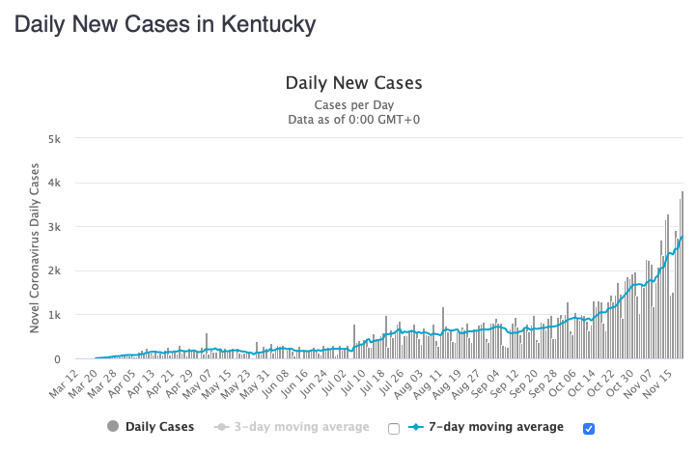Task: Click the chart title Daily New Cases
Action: [353, 83]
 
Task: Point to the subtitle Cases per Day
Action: [353, 104]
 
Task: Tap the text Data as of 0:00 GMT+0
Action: [353, 119]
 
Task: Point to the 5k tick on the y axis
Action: [55, 138]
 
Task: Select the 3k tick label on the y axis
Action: [55, 227]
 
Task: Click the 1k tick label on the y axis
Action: [55, 315]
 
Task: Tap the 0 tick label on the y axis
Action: [59, 359]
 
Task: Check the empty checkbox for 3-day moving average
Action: [393, 428]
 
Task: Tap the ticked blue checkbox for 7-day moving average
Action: [589, 428]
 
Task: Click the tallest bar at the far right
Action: [682, 275]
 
